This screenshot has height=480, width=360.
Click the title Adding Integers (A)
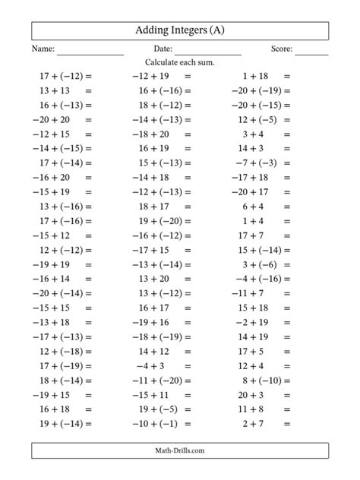point(180,30)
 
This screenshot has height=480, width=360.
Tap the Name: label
point(43,50)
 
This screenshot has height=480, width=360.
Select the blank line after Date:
point(207,52)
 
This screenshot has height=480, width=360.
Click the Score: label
point(281,50)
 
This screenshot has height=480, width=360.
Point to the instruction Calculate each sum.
point(179,63)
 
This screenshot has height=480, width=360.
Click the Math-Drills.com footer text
point(180,450)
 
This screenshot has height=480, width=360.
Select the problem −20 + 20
point(52,119)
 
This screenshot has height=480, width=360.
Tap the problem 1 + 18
point(255,76)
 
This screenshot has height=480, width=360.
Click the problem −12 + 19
point(150,76)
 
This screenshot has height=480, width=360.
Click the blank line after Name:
point(90,52)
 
